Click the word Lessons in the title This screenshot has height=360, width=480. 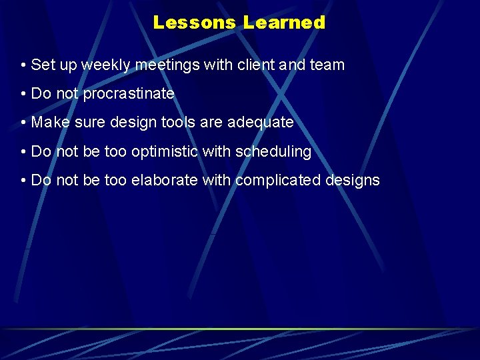pos(195,23)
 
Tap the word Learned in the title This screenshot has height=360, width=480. pos(284,23)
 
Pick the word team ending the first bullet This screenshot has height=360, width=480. pos(327,65)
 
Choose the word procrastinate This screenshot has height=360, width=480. pos(129,94)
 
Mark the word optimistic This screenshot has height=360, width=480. pos(165,152)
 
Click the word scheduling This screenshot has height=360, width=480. pos(273,152)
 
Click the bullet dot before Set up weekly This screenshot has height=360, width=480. pos(23,66)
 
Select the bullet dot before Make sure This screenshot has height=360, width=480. pos(23,123)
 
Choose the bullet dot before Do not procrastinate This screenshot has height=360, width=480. pos(23,95)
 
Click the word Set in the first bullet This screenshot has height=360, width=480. pos(41,65)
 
